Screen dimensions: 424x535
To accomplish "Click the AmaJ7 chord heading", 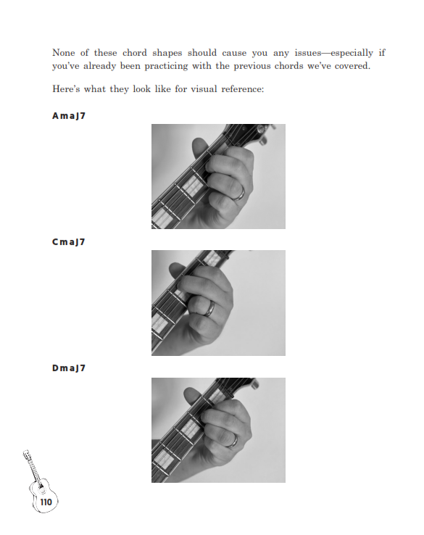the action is coord(69,116).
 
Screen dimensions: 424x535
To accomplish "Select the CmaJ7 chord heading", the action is coord(69,242).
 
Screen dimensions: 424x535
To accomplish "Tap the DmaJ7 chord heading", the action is coord(69,368).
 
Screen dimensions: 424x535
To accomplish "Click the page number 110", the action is coord(46,502).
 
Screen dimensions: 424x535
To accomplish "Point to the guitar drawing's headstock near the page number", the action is coord(27,455).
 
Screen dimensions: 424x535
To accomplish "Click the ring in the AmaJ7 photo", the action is coord(240,194).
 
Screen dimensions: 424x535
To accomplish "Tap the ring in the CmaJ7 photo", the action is coord(209,308).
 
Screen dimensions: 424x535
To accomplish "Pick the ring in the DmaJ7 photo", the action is coord(233,441).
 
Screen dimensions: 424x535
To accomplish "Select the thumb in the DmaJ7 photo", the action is coord(192,396).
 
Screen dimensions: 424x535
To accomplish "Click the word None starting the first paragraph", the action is coord(64,53).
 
